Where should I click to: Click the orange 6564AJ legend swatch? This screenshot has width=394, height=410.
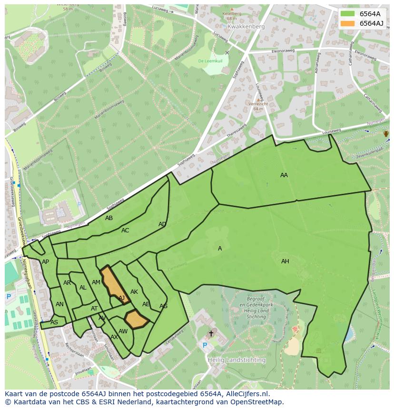(348, 23)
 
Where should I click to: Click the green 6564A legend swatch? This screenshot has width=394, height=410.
(348, 14)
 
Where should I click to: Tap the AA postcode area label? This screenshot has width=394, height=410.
(284, 175)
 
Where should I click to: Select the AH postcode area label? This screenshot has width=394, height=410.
(285, 261)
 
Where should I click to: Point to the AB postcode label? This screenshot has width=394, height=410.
(109, 218)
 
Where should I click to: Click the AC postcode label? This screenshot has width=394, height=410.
(125, 230)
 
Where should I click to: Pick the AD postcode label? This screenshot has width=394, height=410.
(162, 224)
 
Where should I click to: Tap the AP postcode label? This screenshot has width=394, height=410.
(45, 262)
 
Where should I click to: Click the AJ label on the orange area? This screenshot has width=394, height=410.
(122, 298)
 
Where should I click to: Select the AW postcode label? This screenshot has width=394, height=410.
(123, 331)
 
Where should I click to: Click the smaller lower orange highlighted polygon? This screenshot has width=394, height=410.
(137, 319)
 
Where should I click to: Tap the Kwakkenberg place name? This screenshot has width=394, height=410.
(246, 27)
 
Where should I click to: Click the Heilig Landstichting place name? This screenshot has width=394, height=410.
(236, 360)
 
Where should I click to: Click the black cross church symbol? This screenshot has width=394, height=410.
(211, 333)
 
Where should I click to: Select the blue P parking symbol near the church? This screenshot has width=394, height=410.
(205, 345)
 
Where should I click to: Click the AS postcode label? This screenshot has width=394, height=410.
(54, 322)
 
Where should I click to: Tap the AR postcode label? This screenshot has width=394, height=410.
(67, 283)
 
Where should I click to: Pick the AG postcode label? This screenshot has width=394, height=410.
(163, 306)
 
